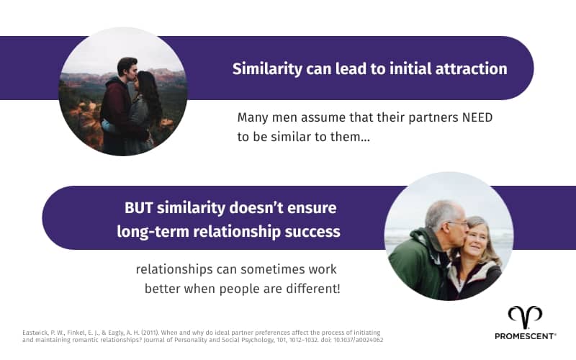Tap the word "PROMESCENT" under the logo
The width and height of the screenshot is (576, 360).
point(525,336)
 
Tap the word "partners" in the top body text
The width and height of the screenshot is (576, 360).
point(404,117)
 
